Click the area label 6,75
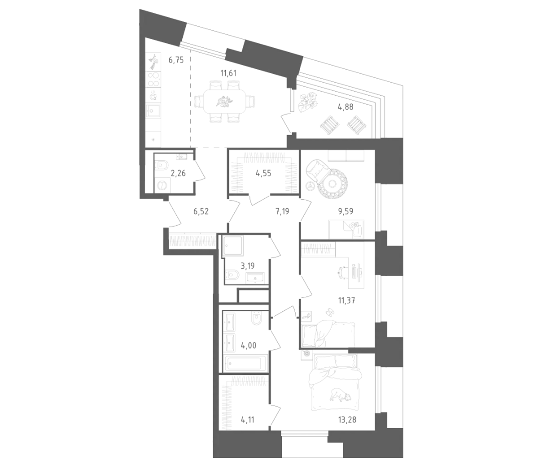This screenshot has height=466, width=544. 176,60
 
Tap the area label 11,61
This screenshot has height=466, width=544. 228,73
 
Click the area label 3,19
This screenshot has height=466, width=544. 248,266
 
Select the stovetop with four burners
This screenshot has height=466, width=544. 153,79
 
